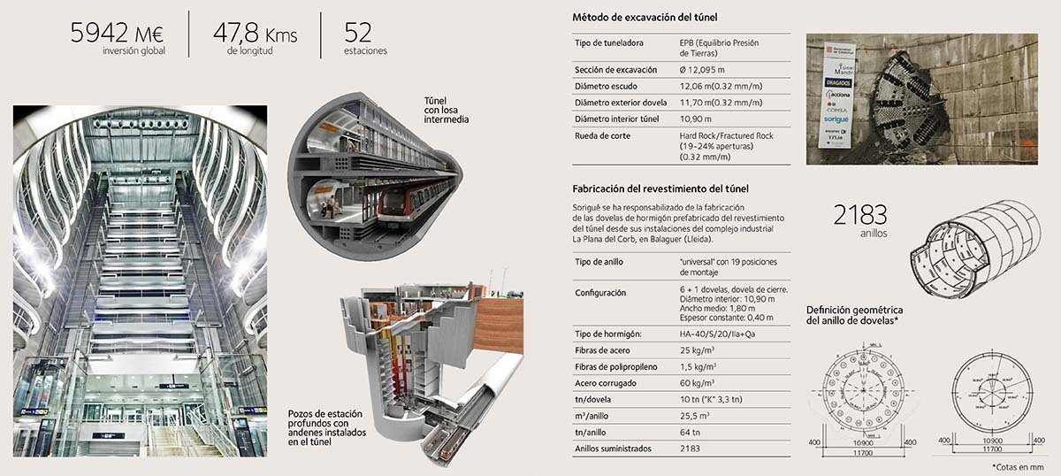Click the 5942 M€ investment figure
point(118,34)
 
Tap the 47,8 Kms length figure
point(255,34)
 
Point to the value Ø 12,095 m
point(702,70)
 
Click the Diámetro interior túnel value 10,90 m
point(696,119)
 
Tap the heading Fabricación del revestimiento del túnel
point(661,188)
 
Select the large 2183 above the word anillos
point(860,215)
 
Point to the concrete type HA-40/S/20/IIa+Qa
point(717,334)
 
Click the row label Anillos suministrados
point(613,449)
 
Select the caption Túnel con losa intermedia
point(447,110)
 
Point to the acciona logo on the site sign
point(837,94)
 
